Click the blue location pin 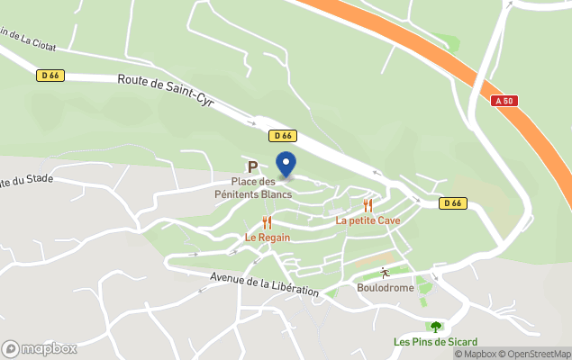(x=286, y=165)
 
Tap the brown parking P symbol (x=253, y=167)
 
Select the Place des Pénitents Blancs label (x=252, y=187)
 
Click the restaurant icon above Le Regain (x=267, y=222)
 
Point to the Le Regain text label (x=268, y=238)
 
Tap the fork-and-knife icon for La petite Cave (x=368, y=205)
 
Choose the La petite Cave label (x=368, y=220)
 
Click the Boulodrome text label (x=386, y=287)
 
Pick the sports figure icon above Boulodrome (x=385, y=272)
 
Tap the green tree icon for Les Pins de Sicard (x=436, y=327)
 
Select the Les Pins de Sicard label (x=435, y=341)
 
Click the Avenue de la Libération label (x=265, y=284)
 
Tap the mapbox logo (x=39, y=348)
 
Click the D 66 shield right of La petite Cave (x=453, y=203)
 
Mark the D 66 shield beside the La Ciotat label (x=50, y=76)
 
